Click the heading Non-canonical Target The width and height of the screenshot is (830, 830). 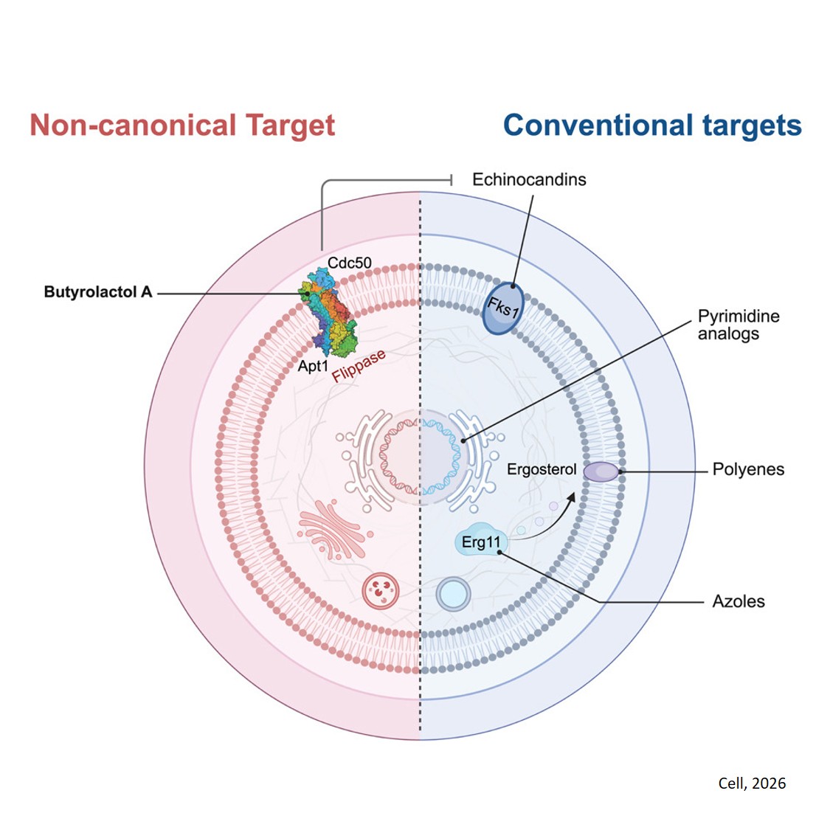pyautogui.click(x=182, y=125)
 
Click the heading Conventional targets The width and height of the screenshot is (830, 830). pyautogui.click(x=652, y=125)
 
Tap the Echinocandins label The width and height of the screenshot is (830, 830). pyautogui.click(x=529, y=179)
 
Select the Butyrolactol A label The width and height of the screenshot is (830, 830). pyautogui.click(x=98, y=292)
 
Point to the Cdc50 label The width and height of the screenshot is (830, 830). pyautogui.click(x=350, y=263)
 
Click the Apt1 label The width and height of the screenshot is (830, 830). pyautogui.click(x=313, y=365)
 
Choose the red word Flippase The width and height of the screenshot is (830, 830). pyautogui.click(x=359, y=366)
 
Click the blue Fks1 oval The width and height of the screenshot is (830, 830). pyautogui.click(x=503, y=308)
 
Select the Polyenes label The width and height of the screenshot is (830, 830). pyautogui.click(x=748, y=469)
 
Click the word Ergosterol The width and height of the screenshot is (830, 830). pyautogui.click(x=542, y=469)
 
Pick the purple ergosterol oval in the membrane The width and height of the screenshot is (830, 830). pyautogui.click(x=602, y=471)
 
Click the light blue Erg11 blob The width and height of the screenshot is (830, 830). pyautogui.click(x=480, y=543)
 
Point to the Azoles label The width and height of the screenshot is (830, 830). pyautogui.click(x=739, y=601)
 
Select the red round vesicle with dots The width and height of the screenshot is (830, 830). pyautogui.click(x=381, y=590)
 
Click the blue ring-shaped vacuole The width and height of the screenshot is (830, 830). pyautogui.click(x=453, y=593)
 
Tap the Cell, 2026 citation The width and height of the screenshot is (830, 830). pyautogui.click(x=752, y=784)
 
